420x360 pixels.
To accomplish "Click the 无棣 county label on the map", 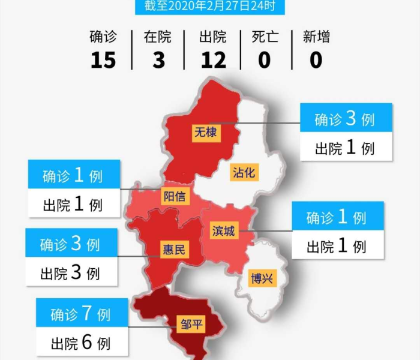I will pyautogui.click(x=205, y=132).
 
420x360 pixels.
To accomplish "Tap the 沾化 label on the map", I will pyautogui.click(x=244, y=173).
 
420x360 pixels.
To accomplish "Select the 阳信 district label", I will pyautogui.click(x=175, y=196).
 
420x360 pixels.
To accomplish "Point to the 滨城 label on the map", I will pyautogui.click(x=223, y=232).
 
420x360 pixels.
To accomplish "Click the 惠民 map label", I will pyautogui.click(x=174, y=249).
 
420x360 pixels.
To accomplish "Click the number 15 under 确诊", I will pyautogui.click(x=103, y=60).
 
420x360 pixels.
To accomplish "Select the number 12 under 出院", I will pyautogui.click(x=213, y=60).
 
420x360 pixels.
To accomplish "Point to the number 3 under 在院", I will pyautogui.click(x=158, y=60).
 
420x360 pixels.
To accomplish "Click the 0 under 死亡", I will pyautogui.click(x=265, y=60).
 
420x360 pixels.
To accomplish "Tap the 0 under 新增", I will pyautogui.click(x=316, y=60).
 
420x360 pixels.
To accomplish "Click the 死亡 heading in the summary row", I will pyautogui.click(x=265, y=37).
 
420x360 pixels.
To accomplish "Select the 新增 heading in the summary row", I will pyautogui.click(x=316, y=37).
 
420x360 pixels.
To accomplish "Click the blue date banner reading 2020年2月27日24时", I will pyautogui.click(x=210, y=7).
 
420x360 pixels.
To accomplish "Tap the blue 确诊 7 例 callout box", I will pyautogui.click(x=81, y=313).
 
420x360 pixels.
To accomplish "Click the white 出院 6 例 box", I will pyautogui.click(x=81, y=343).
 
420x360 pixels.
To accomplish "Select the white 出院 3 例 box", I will pyautogui.click(x=70, y=274).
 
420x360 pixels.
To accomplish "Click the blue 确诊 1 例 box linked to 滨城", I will pyautogui.click(x=337, y=217).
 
